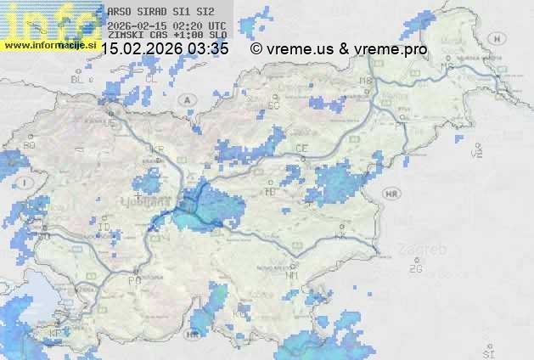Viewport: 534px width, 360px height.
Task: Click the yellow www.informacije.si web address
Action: [49, 44]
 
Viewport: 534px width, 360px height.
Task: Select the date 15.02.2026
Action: [142, 49]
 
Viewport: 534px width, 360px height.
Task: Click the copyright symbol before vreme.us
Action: [256, 49]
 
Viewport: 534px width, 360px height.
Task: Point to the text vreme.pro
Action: [396, 49]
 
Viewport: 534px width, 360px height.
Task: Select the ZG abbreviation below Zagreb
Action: [415, 269]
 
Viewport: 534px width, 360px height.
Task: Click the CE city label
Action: [301, 149]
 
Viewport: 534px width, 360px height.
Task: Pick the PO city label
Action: [133, 280]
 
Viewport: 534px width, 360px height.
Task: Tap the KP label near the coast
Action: [56, 333]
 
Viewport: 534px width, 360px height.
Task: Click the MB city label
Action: [366, 82]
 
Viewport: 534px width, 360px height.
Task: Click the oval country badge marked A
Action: [187, 99]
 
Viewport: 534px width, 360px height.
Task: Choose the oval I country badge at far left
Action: [26, 183]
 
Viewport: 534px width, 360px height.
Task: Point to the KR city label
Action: [156, 149]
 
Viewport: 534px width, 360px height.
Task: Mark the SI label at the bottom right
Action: [487, 352]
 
